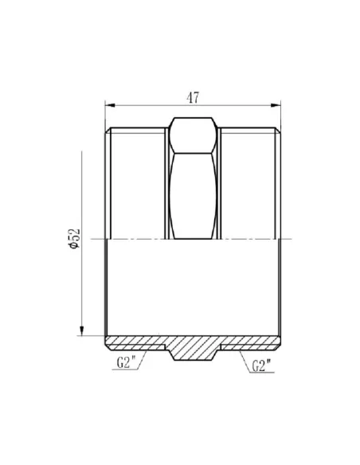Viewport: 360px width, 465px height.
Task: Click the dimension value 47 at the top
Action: click(192, 97)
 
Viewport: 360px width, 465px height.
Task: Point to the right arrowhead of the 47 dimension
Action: click(279, 105)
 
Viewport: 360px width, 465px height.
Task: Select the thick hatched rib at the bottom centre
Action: click(194, 348)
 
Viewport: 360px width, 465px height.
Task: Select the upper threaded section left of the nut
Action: click(136, 183)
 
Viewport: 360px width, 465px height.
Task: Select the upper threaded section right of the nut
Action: click(252, 183)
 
